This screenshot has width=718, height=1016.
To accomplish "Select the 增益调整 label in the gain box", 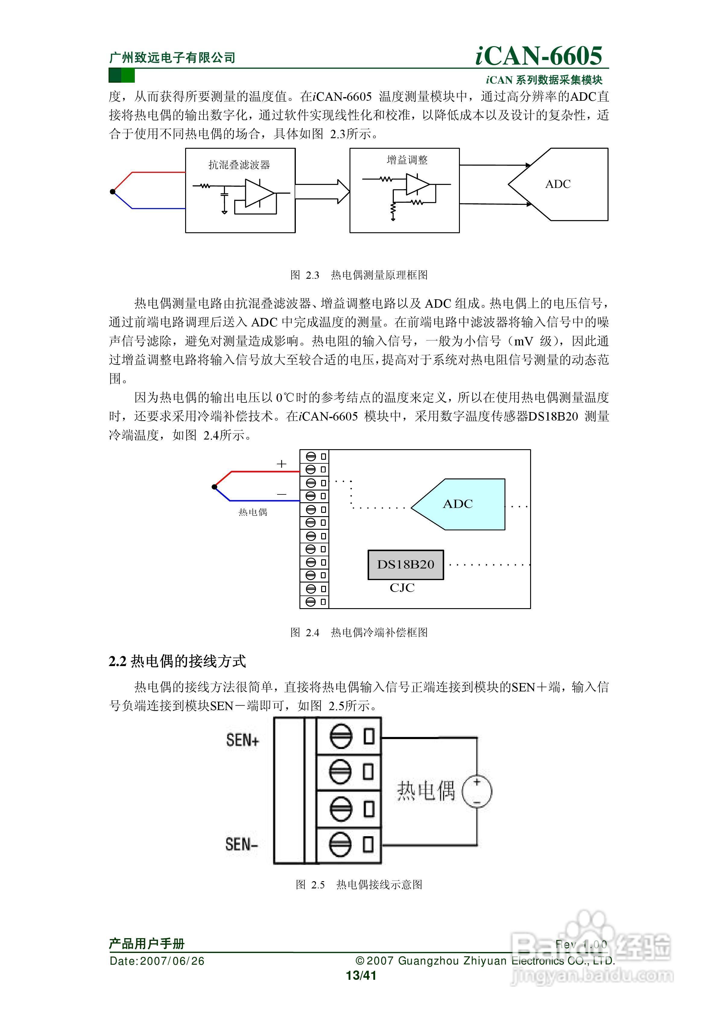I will point(407,160).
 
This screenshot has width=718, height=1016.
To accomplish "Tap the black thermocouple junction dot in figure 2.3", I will point(113,192).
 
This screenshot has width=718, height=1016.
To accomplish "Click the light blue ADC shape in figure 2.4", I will point(460,504).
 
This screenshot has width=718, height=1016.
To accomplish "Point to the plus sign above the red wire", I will point(281,464).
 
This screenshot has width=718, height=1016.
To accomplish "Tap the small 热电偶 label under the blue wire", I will point(253,512).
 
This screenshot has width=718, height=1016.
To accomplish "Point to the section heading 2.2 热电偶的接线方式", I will point(177,661).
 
